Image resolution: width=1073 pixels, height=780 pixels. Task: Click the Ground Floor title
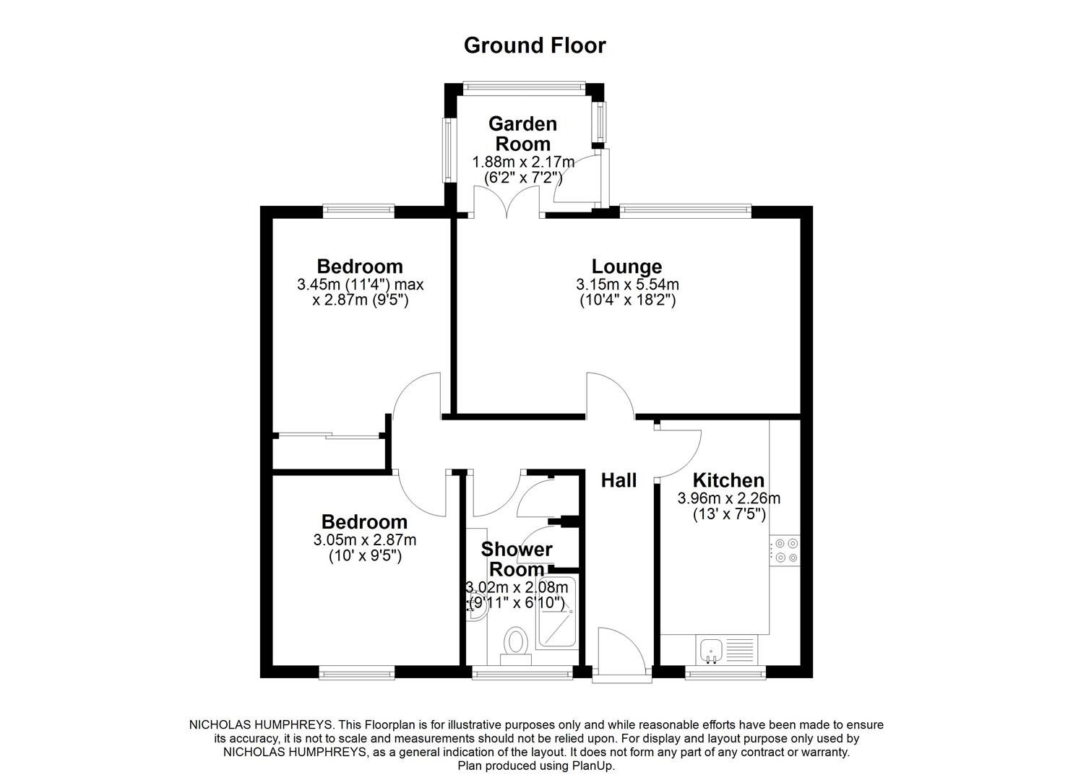pyautogui.click(x=534, y=45)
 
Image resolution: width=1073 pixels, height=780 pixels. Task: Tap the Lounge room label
pyautogui.click(x=626, y=266)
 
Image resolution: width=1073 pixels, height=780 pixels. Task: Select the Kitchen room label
pyautogui.click(x=728, y=480)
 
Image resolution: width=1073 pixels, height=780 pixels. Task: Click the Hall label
pyautogui.click(x=619, y=480)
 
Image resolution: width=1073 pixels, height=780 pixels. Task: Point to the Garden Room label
pyautogui.click(x=522, y=134)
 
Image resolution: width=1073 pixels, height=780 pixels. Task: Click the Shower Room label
pyautogui.click(x=517, y=559)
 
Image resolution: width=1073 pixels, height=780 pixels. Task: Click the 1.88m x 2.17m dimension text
pyautogui.click(x=523, y=162)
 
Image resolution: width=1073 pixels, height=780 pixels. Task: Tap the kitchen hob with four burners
pyautogui.click(x=785, y=550)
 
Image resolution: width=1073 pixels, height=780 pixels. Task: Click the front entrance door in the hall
pyautogui.click(x=621, y=654)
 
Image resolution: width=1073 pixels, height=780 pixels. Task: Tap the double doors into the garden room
pyautogui.click(x=507, y=202)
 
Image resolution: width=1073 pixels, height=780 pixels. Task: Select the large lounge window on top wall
pyautogui.click(x=685, y=210)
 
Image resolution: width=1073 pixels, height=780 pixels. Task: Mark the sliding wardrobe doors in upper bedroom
pyautogui.click(x=329, y=435)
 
